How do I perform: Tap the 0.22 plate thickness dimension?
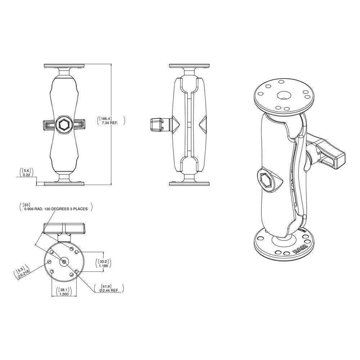(x=26, y=175)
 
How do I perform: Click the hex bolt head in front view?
(x=64, y=125)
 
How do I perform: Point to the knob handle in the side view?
(x=156, y=125)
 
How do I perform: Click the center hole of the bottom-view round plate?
(x=64, y=262)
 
